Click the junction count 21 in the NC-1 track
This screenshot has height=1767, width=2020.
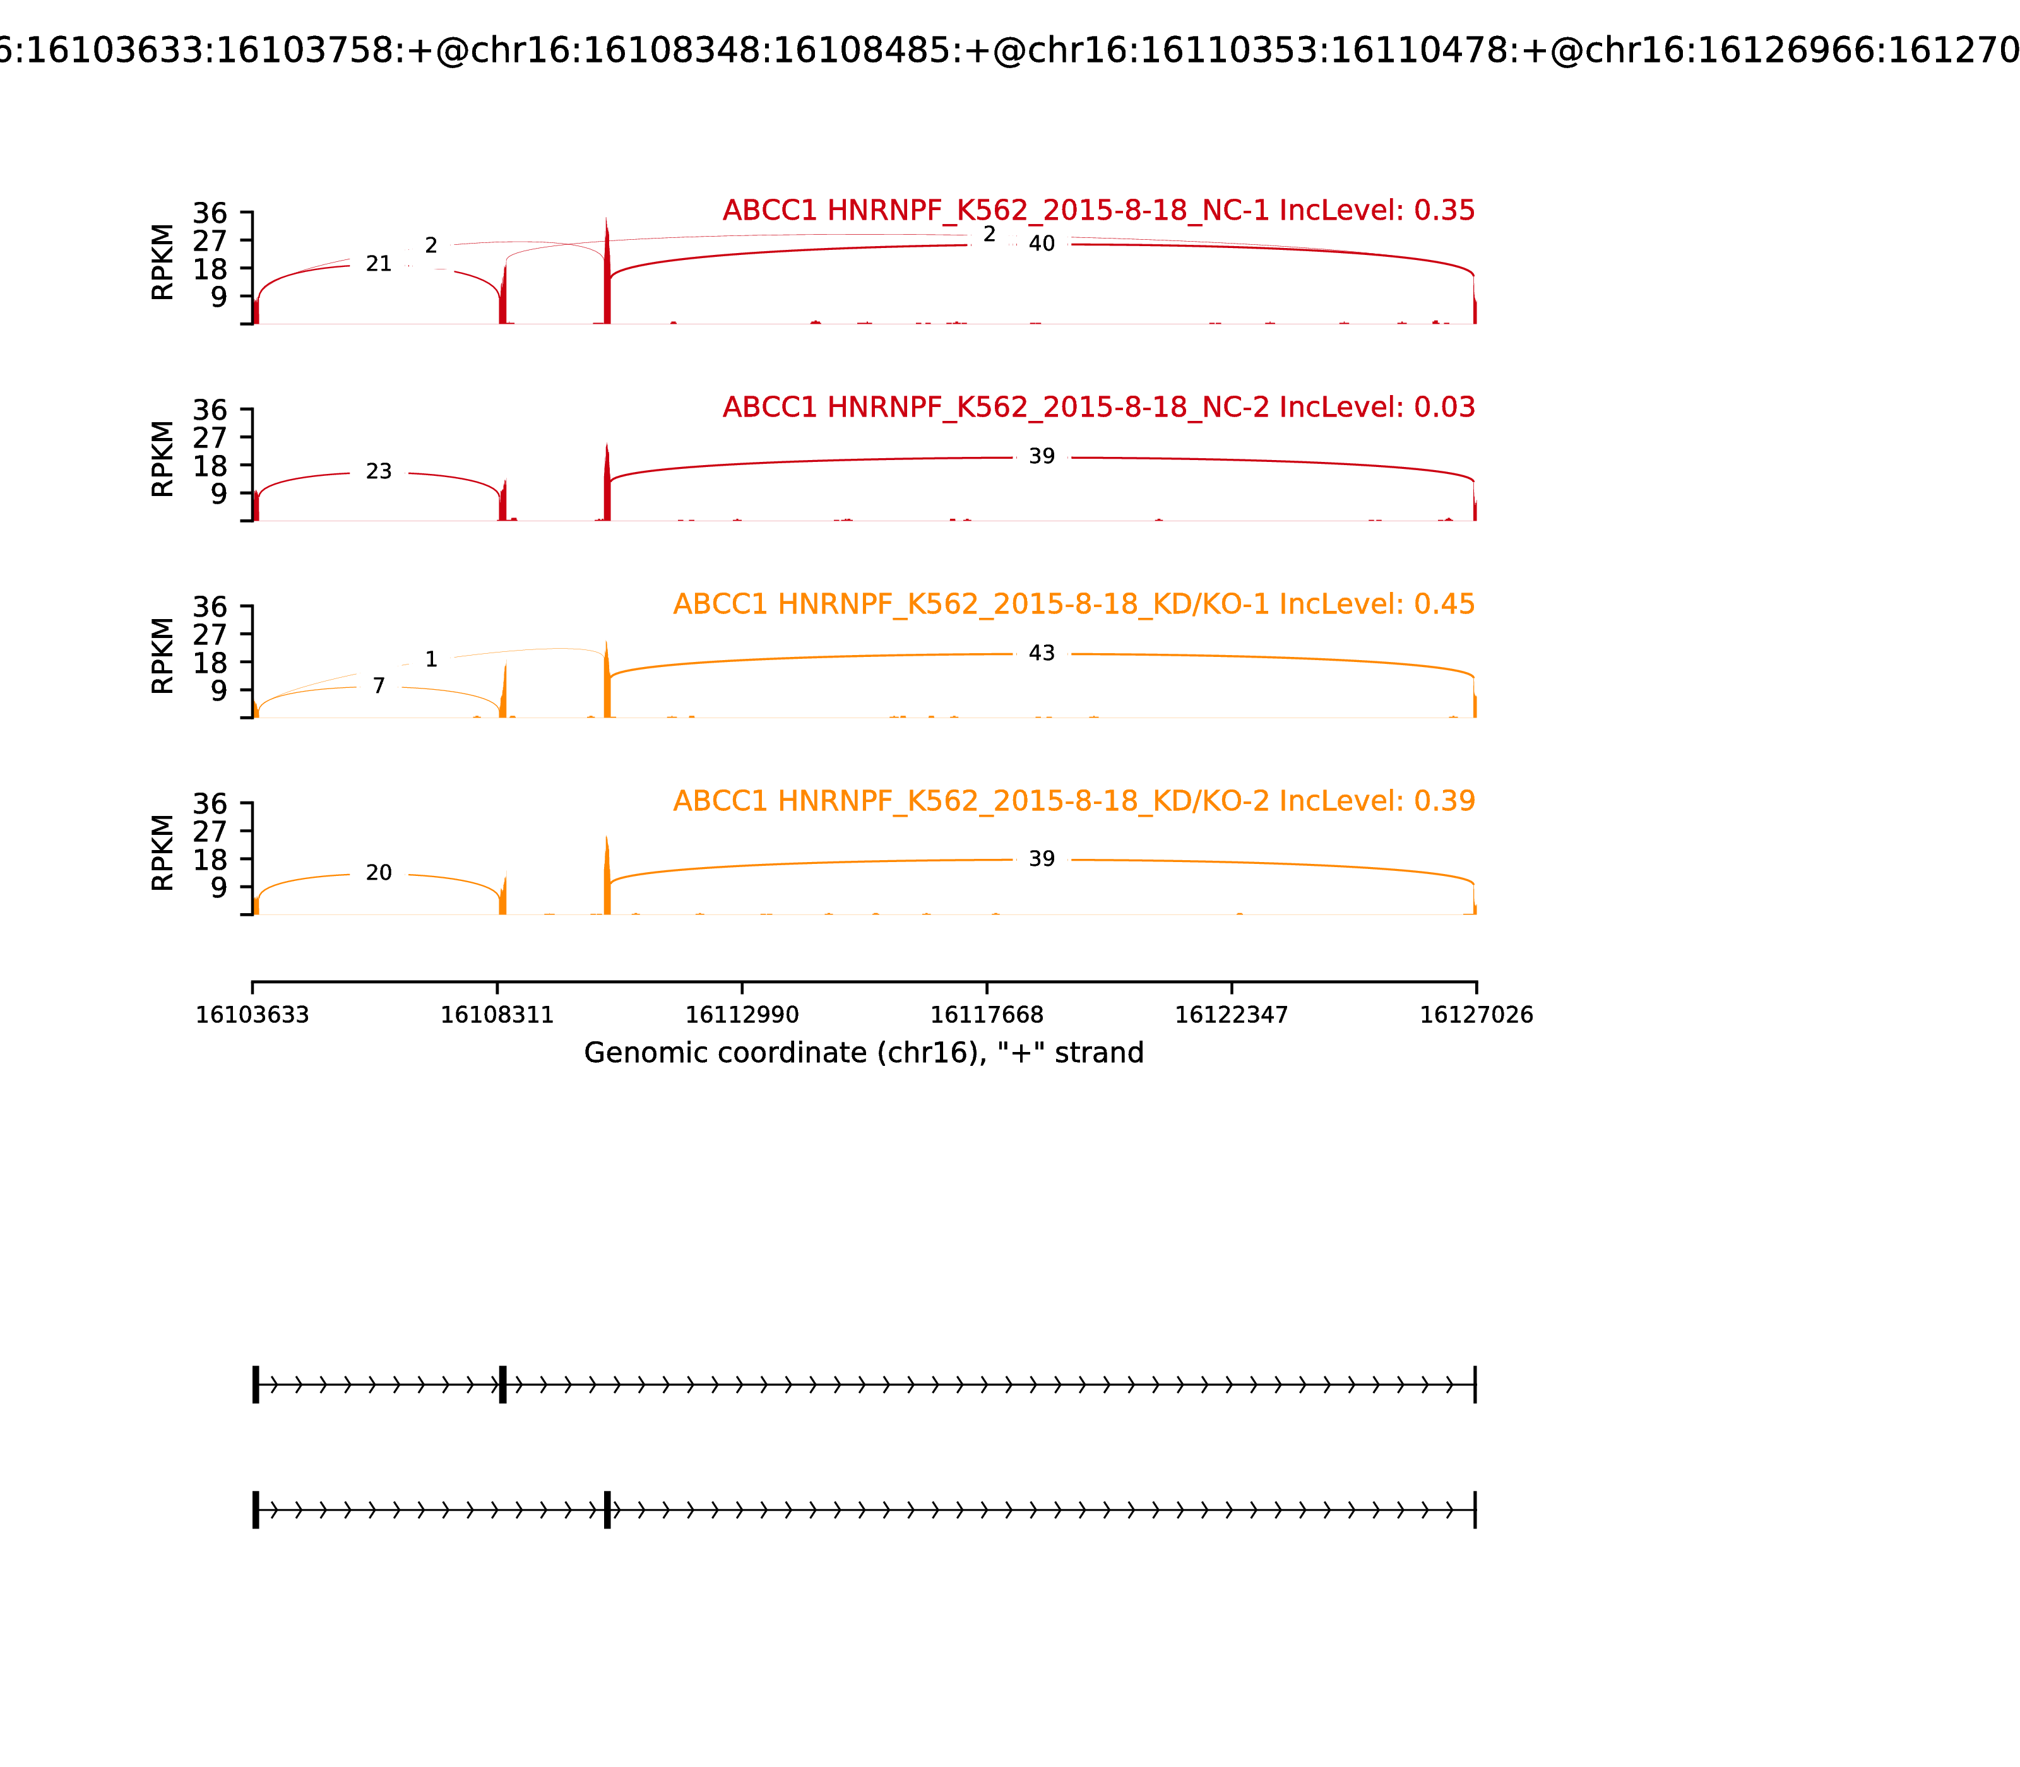coord(379,264)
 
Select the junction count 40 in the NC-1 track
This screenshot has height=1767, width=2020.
coord(1042,244)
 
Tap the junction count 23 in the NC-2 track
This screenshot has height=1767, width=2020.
coord(379,472)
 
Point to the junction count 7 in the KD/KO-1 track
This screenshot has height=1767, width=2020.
coord(379,687)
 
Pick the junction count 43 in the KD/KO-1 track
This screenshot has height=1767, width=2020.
coord(1042,654)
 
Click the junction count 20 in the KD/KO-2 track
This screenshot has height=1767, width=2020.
coord(379,873)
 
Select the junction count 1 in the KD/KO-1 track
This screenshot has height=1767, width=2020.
coord(431,659)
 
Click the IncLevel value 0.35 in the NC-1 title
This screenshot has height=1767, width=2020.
coord(1444,211)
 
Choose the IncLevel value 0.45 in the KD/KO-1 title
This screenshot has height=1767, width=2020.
coord(1444,605)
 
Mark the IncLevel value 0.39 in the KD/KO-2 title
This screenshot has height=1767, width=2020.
coord(1444,801)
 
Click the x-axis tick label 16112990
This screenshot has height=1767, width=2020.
coord(742,1015)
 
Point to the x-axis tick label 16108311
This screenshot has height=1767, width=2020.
coord(497,1015)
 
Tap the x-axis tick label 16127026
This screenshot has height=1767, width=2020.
coord(1476,1015)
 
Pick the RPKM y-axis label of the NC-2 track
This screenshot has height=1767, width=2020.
coord(163,459)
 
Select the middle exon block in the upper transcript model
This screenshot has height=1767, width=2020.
coord(503,1385)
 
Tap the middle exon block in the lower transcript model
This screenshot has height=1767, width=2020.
coord(607,1510)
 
